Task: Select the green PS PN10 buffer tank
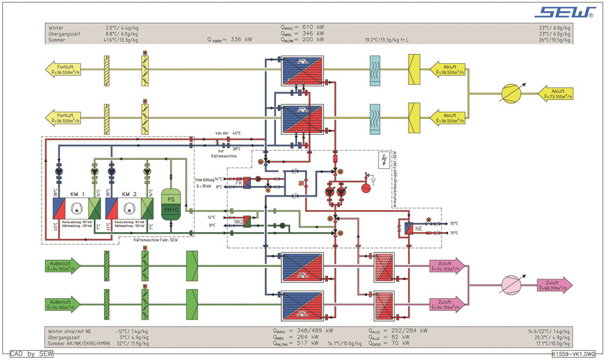pos(171,202)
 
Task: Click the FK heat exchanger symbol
pos(247,182)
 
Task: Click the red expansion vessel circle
pos(367,186)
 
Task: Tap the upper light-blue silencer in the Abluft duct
pos(374,69)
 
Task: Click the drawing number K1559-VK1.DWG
pos(573,354)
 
